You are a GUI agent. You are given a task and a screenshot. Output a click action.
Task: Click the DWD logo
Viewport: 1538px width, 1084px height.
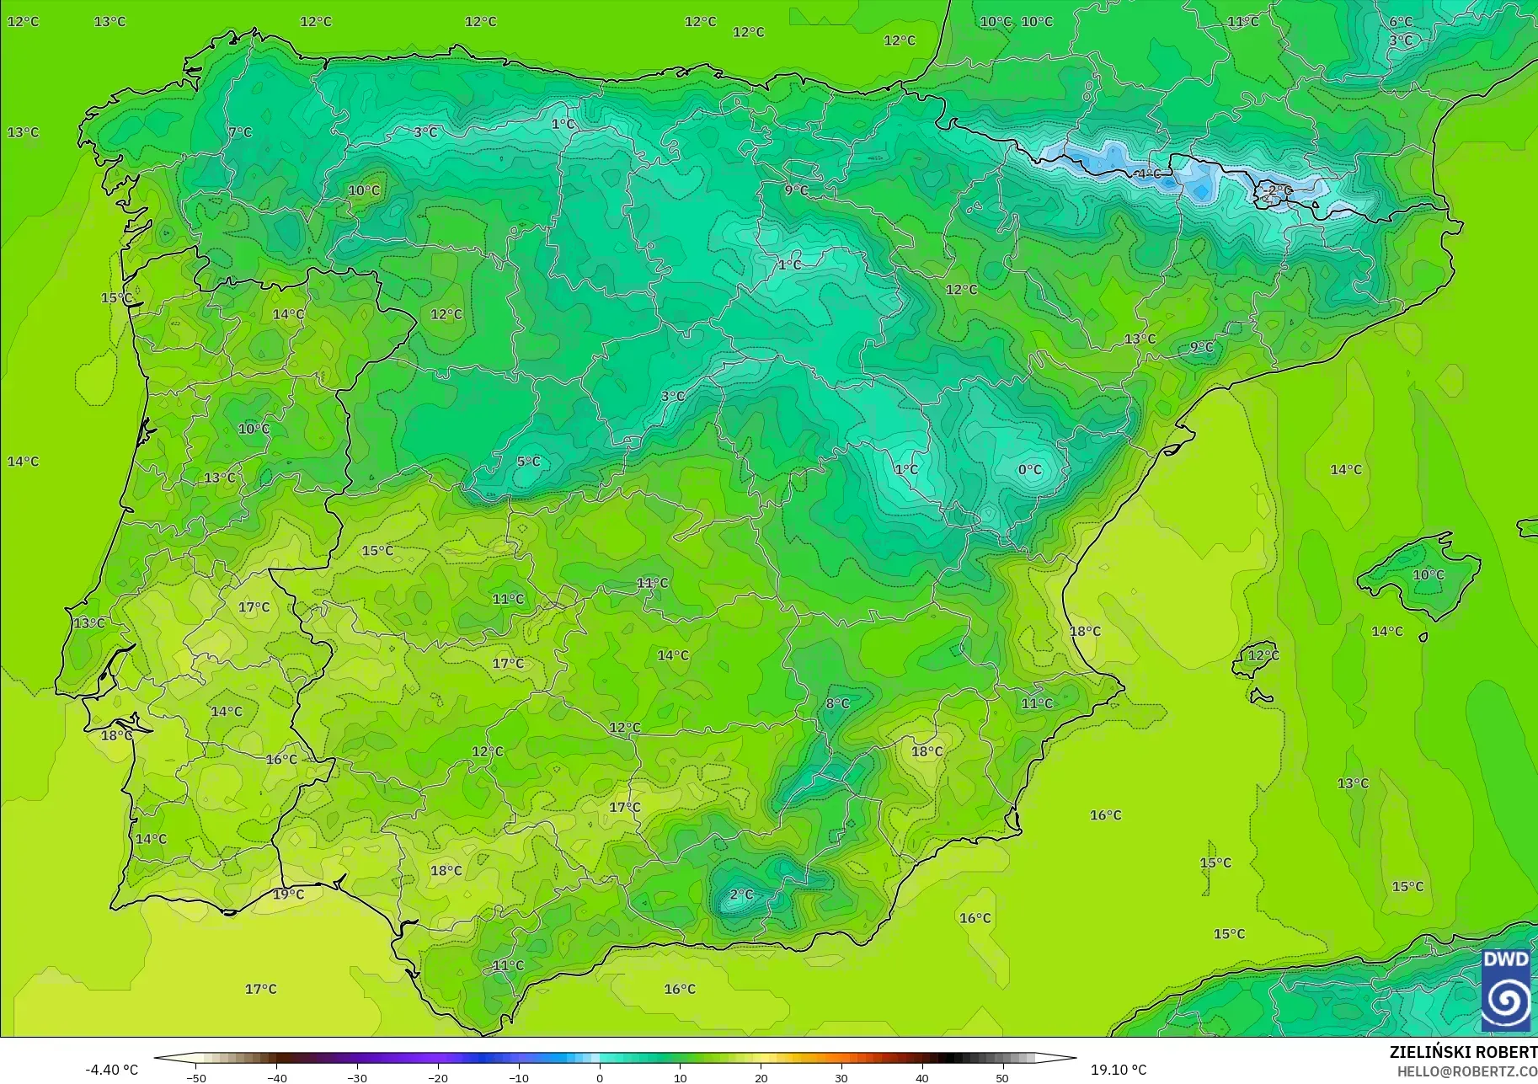point(1506,991)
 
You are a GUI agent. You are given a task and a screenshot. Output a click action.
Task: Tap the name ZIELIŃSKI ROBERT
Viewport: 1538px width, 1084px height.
point(1463,1053)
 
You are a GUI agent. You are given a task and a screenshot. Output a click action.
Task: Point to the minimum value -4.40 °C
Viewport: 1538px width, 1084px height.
point(111,1070)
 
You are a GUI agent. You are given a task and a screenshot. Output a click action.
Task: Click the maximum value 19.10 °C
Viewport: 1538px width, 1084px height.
point(1119,1070)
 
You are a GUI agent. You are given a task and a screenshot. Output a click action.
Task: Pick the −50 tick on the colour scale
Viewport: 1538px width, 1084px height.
point(196,1077)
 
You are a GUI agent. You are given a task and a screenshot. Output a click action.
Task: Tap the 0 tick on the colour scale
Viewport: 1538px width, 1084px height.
point(600,1077)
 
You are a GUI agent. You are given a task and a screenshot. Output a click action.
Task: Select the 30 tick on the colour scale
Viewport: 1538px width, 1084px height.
point(841,1077)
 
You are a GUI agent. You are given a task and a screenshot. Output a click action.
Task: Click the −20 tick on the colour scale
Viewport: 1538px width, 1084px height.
point(438,1077)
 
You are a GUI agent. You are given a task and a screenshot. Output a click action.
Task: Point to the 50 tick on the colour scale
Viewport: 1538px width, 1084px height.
point(1002,1077)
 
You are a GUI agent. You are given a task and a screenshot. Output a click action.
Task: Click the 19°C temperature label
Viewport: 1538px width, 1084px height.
point(288,894)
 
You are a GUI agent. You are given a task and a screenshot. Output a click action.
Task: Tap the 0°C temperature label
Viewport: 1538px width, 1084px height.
point(1030,470)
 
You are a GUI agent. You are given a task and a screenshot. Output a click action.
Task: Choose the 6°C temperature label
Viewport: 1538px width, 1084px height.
point(1401,22)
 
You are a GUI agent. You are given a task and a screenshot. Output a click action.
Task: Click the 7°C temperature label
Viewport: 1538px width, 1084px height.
point(240,132)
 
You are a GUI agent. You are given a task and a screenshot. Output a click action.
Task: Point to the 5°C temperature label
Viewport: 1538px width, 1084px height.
point(528,462)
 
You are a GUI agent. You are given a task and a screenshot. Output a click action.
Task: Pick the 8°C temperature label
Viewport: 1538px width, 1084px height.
point(837,703)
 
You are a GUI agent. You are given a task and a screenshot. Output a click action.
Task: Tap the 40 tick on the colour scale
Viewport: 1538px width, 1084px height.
point(922,1077)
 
